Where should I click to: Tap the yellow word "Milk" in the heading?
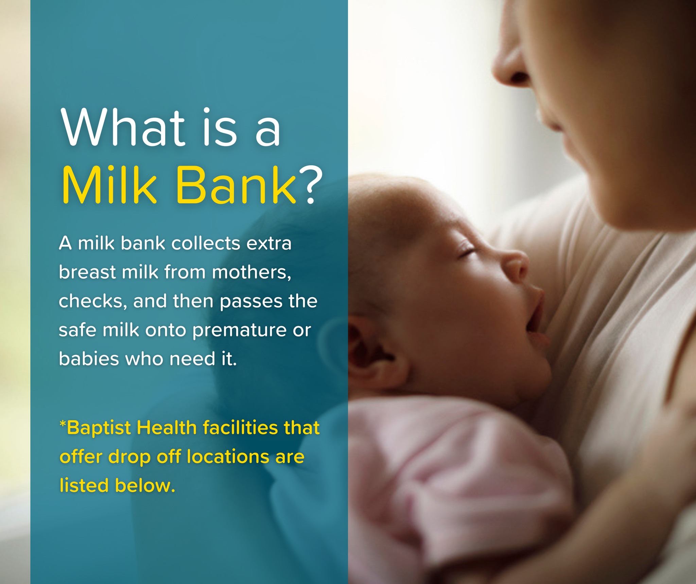point(109,185)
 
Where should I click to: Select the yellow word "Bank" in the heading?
point(237,185)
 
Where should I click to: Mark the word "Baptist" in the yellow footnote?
point(99,428)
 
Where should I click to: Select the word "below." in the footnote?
point(145,485)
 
